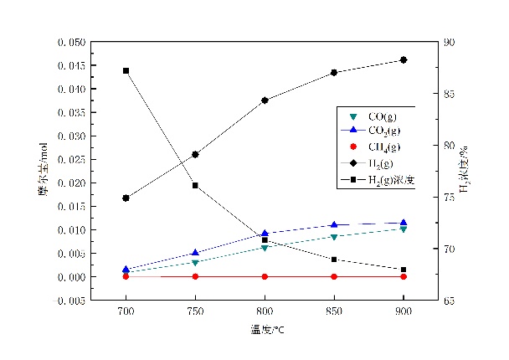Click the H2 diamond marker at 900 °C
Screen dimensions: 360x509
(404, 60)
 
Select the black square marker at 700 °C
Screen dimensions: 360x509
(126, 70)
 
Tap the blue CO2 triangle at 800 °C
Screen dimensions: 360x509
(265, 234)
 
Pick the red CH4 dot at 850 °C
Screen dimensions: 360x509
(334, 276)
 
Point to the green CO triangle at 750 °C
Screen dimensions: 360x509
(195, 263)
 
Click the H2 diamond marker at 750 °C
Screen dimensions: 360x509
(195, 154)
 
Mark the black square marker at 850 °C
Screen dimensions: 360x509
(334, 260)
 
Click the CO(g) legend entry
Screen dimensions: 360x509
(378, 116)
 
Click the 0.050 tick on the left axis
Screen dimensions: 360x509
(70, 42)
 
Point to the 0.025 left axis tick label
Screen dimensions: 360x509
(70, 159)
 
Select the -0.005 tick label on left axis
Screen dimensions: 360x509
(69, 300)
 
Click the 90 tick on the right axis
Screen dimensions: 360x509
(450, 42)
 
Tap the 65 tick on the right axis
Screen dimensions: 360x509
(450, 300)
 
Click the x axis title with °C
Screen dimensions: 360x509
(265, 330)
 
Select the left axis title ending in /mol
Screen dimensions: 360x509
(41, 171)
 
